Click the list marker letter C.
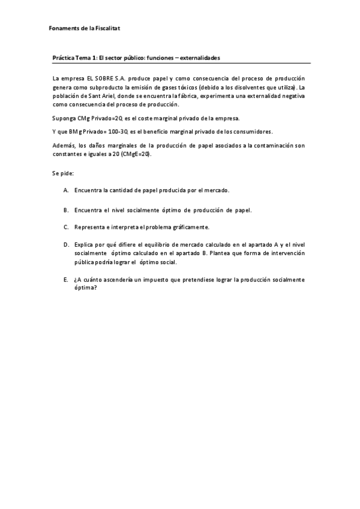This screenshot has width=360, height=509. coord(65,227)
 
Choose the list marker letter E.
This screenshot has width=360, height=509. coord(65,279)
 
